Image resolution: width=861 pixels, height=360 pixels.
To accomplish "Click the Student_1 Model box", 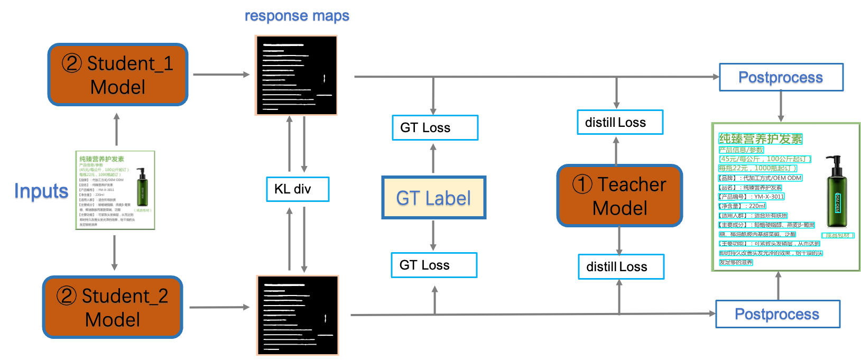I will (118, 75).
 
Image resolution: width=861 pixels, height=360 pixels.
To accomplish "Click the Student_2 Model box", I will (113, 307).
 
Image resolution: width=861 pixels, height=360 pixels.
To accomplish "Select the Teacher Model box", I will (619, 196).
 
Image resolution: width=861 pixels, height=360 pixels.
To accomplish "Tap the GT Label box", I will (433, 198).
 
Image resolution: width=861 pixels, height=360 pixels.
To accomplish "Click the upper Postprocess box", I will (781, 78).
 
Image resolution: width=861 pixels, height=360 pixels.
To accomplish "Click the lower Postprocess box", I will (777, 315).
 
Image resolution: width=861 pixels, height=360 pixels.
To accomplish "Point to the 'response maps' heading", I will (297, 16).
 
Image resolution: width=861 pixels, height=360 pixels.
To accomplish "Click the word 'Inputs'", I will (41, 192).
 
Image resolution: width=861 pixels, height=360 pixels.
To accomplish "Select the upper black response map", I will (296, 75).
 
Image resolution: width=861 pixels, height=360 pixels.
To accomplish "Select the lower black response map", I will (298, 315).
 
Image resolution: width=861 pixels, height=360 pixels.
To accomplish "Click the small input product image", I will (115, 190).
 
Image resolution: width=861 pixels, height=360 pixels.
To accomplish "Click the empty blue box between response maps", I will (298, 189).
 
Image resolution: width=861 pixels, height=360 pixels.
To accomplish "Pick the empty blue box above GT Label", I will (435, 127).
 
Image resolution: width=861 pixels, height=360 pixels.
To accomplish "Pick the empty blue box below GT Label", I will (434, 265).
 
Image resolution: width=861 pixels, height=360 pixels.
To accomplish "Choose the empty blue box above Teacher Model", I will (620, 122).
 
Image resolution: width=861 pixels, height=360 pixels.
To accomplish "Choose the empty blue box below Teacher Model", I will (621, 266).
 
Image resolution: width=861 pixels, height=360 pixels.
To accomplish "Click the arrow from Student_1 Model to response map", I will (220, 75).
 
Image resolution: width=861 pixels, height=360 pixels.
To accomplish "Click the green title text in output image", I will (761, 139).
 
